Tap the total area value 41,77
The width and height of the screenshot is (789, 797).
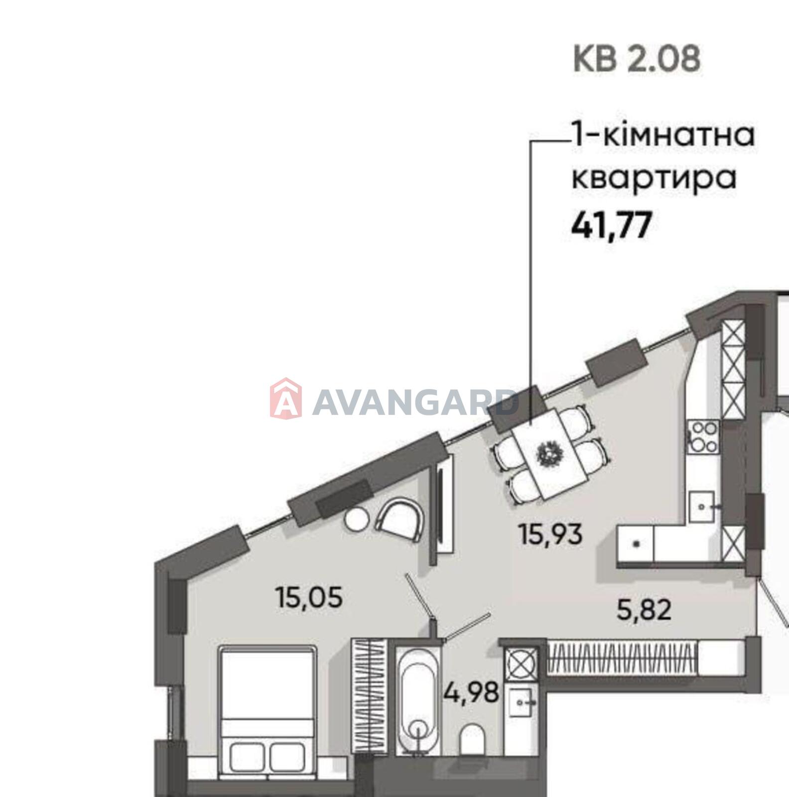pos(611,225)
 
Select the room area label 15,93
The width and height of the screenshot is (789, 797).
pos(550,535)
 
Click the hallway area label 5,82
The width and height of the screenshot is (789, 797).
pos(644,610)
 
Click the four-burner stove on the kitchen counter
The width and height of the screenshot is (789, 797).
pos(703,436)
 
